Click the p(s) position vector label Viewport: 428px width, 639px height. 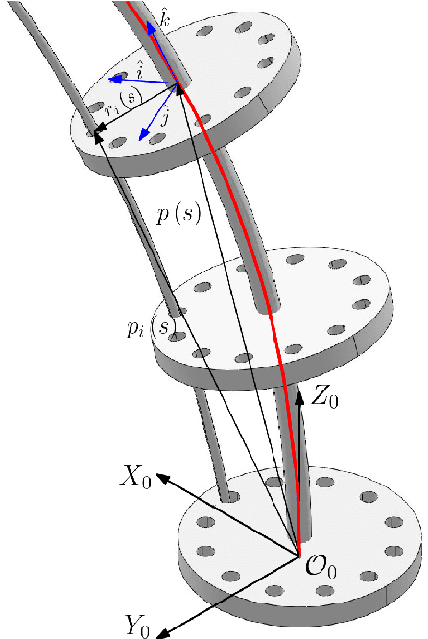tap(178, 215)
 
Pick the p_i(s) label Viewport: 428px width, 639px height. tap(152, 329)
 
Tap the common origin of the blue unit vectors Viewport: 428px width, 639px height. tap(178, 86)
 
